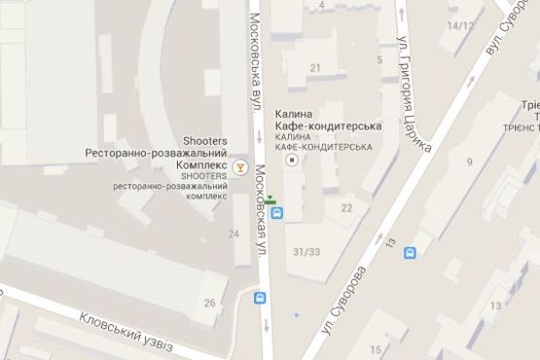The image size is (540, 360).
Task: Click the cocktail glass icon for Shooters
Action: [239, 166]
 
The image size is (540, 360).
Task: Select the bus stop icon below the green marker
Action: [275, 214]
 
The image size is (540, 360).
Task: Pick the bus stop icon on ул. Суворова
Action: [411, 253]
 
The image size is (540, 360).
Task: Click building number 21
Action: [314, 67]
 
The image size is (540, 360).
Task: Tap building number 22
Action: [346, 207]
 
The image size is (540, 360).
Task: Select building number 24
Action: [233, 234]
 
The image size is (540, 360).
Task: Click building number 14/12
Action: [459, 25]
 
